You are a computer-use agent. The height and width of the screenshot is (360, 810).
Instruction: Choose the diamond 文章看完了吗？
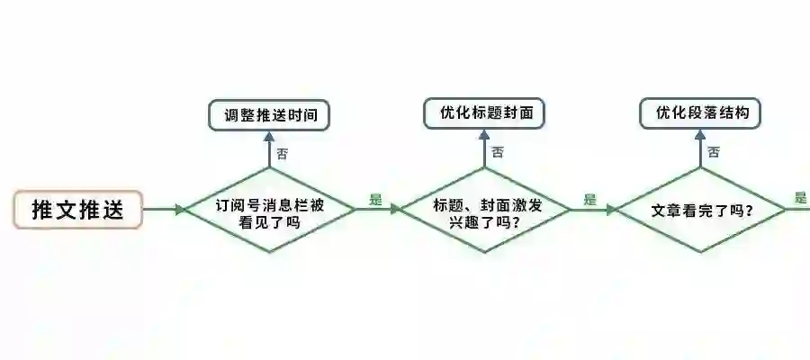tap(702, 210)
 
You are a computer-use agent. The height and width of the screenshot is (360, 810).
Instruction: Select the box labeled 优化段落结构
tap(701, 113)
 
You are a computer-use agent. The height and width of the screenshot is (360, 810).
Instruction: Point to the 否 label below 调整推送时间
tap(283, 153)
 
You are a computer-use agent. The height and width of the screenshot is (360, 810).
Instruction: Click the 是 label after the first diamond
tap(376, 200)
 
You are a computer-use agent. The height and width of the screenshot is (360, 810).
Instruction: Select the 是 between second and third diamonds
tap(590, 200)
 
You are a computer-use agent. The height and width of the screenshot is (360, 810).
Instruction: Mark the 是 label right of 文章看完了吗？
tap(801, 198)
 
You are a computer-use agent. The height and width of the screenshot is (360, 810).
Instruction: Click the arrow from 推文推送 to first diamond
tap(162, 210)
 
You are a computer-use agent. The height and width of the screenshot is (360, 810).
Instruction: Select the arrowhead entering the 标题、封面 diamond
tap(395, 210)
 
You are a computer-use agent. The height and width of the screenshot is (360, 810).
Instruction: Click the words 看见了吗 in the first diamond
tap(270, 221)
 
